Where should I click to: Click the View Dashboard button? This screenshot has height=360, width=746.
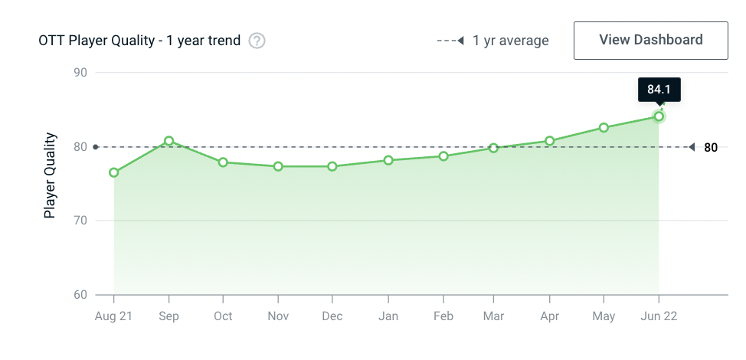[650, 40]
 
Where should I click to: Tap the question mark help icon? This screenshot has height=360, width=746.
[257, 41]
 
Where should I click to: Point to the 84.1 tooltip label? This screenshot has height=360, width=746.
[659, 90]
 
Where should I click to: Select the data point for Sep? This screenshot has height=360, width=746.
[169, 141]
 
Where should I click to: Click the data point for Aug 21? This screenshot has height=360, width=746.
[114, 172]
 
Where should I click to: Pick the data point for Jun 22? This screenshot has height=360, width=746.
[659, 116]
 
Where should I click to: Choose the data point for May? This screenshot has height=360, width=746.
[604, 127]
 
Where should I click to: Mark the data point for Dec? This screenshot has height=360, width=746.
[332, 166]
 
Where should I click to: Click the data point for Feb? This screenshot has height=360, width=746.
[443, 156]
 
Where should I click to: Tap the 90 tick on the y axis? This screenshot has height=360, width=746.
[80, 73]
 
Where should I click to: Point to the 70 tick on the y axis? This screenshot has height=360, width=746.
[80, 221]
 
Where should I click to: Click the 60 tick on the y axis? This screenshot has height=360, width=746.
[80, 295]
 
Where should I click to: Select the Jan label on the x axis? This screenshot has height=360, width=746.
[388, 316]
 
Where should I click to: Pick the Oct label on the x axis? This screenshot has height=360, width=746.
[223, 316]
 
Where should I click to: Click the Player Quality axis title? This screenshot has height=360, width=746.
[50, 176]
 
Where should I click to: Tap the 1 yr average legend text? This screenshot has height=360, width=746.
[511, 41]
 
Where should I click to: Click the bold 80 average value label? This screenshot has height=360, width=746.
[711, 148]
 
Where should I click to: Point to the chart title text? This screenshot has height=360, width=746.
[139, 41]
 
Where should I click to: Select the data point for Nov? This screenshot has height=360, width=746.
[278, 166]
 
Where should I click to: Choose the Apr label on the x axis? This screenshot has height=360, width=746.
[549, 316]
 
